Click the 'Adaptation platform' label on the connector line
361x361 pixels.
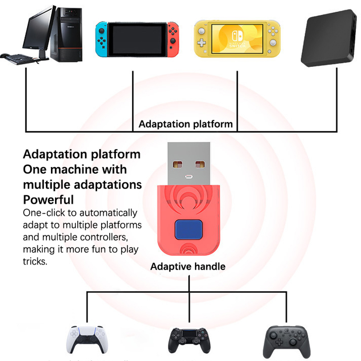[x=185, y=124]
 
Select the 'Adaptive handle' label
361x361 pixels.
[x=188, y=267]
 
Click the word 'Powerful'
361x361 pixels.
[x=48, y=199]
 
